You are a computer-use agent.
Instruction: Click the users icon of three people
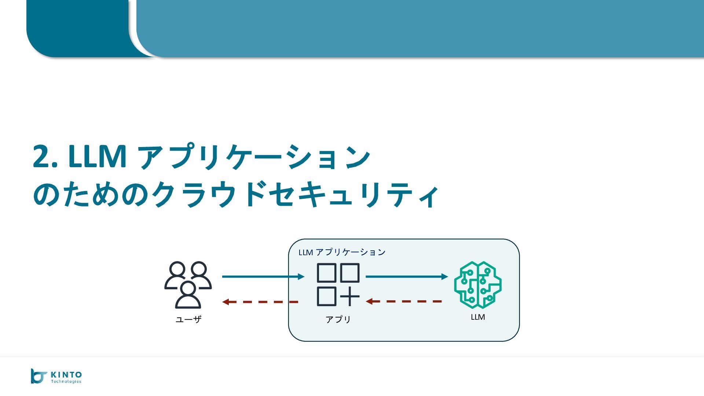188,285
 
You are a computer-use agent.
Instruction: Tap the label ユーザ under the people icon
188,319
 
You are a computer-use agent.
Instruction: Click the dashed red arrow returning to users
260,302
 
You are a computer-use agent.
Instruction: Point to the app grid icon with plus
338,285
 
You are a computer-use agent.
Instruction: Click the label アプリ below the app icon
338,319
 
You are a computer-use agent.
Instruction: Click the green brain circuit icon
478,285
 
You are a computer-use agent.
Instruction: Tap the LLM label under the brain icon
478,317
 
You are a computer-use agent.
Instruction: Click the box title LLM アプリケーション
342,252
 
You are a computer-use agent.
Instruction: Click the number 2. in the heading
45,157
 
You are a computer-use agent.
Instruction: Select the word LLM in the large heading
97,157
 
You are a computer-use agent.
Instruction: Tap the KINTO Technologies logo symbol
38,376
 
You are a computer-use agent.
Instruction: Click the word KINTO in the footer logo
66,374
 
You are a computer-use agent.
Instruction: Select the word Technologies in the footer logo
66,382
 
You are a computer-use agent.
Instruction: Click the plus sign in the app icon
350,296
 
